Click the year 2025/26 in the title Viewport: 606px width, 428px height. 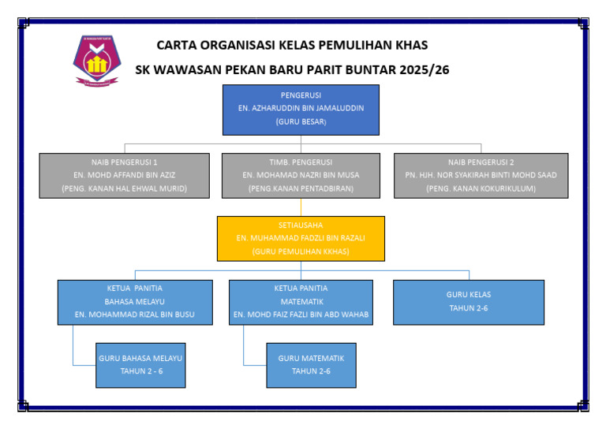click(x=425, y=69)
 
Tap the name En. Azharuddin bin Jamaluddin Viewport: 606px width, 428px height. click(x=301, y=108)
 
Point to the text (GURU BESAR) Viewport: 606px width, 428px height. click(x=301, y=122)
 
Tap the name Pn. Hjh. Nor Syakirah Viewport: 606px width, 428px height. click(x=481, y=174)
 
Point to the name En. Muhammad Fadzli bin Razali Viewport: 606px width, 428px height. click(x=301, y=237)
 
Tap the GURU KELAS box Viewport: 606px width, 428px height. click(x=469, y=301)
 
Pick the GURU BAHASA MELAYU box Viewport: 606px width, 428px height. click(x=140, y=364)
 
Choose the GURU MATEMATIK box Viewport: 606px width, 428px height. click(x=311, y=364)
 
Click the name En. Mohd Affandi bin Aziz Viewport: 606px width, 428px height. click(x=124, y=174)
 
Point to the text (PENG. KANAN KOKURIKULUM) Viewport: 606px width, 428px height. click(x=481, y=188)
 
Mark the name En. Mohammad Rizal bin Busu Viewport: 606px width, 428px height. click(x=135, y=314)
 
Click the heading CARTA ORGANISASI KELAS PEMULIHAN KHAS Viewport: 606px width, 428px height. click(x=292, y=46)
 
